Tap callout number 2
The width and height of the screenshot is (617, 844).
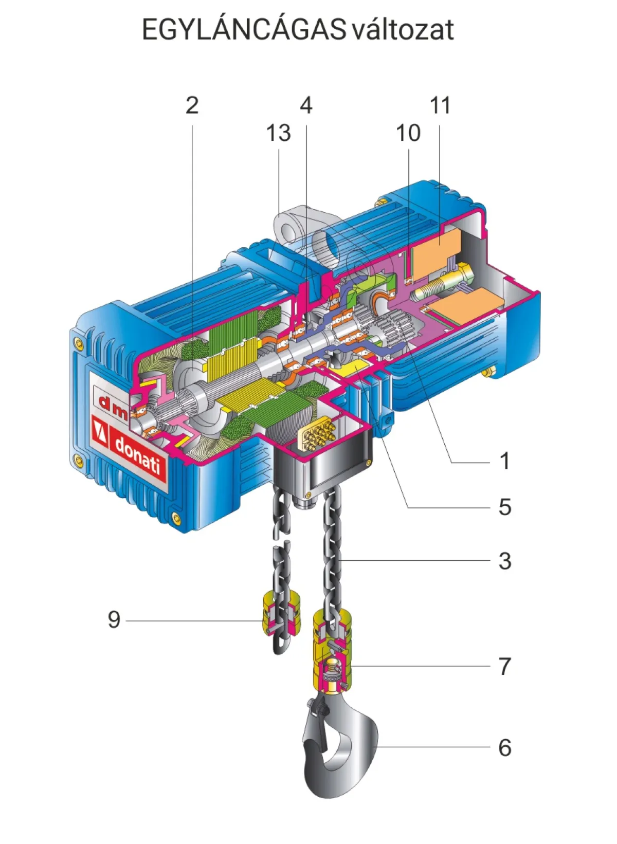[192, 105]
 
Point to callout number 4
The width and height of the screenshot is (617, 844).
[306, 105]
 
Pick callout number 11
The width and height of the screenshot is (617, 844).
[440, 105]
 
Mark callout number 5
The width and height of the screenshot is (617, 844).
[505, 507]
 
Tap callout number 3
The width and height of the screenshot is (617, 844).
[505, 561]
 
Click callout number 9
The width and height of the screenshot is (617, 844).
[114, 619]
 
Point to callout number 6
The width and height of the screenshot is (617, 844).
[505, 747]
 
